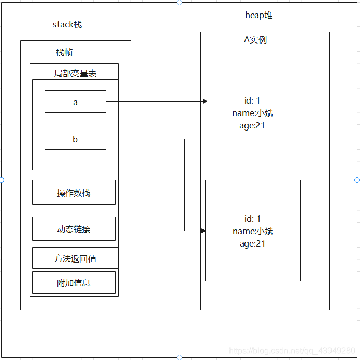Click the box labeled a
tap(75, 102)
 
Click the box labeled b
tap(75, 139)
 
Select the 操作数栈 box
tap(74, 192)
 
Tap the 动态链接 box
tap(74, 228)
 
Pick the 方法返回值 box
tap(75, 258)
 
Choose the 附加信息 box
tap(74, 282)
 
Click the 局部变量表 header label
tap(75, 73)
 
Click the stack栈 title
tap(67, 24)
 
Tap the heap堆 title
tap(258, 15)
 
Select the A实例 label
tap(255, 39)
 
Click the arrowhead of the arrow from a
tap(205, 102)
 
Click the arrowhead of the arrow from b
tap(203, 231)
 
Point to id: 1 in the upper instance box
tap(253, 100)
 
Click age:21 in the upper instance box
tap(253, 125)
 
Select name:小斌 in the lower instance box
tap(253, 231)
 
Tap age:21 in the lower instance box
tap(253, 243)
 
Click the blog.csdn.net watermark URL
tap(292, 351)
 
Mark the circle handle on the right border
tap(357, 180)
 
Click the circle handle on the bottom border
tap(179, 357)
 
